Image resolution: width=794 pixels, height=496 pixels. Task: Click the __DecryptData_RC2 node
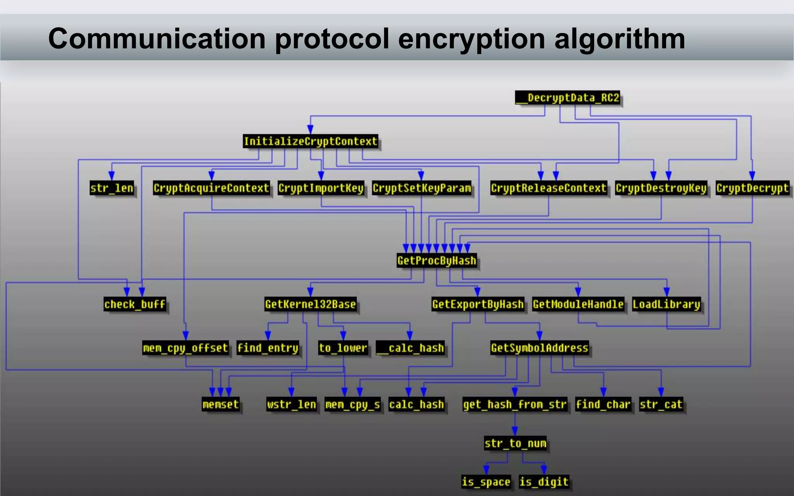pyautogui.click(x=568, y=98)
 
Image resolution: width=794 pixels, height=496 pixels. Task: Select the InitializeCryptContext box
pyautogui.click(x=311, y=141)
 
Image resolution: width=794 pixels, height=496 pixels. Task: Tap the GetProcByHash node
pyautogui.click(x=437, y=260)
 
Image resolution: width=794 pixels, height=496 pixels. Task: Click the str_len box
pyautogui.click(x=112, y=188)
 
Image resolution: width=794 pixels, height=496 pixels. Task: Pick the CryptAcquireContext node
pyautogui.click(x=211, y=188)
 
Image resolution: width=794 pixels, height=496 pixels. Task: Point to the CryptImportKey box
pyautogui.click(x=321, y=188)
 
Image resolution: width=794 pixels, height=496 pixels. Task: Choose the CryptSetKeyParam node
pyautogui.click(x=422, y=188)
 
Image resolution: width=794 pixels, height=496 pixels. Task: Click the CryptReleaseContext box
pyautogui.click(x=548, y=188)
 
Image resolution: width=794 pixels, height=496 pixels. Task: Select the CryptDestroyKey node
pyautogui.click(x=661, y=188)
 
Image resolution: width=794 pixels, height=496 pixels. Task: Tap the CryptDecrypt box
pyautogui.click(x=752, y=188)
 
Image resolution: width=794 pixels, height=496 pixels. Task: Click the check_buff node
pyautogui.click(x=135, y=304)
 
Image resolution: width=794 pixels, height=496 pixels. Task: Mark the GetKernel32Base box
pyautogui.click(x=311, y=304)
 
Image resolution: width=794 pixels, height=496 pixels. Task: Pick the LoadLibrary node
pyautogui.click(x=666, y=304)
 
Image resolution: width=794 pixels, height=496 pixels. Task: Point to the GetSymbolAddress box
pyautogui.click(x=539, y=348)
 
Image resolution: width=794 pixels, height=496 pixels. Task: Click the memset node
pyautogui.click(x=221, y=405)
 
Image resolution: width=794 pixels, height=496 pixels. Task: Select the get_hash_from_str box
pyautogui.click(x=515, y=405)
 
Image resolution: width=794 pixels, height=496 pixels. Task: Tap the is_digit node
pyautogui.click(x=544, y=482)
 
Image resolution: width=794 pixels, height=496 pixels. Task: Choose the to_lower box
pyautogui.click(x=343, y=348)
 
